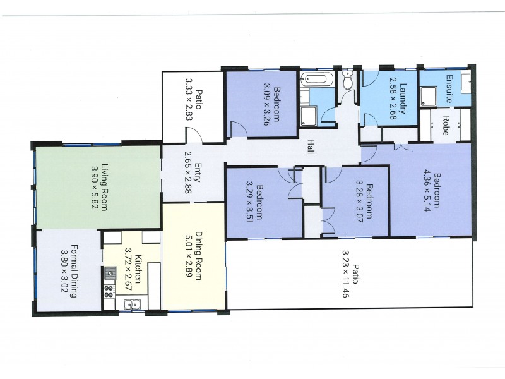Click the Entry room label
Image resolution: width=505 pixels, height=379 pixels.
(198, 172)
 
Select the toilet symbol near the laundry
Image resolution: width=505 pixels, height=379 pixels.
(347, 81)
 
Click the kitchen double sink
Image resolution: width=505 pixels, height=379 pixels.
(132, 304)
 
